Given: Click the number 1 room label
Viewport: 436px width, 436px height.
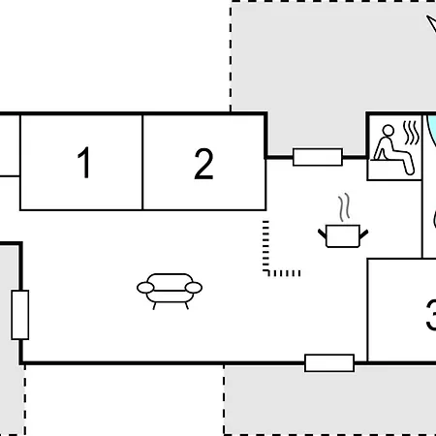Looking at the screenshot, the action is click(84, 162).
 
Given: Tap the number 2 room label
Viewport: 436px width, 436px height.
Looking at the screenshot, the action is click(203, 164).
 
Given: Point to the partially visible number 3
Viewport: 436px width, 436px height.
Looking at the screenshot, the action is click(431, 315).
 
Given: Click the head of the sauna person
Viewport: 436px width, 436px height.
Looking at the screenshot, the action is click(388, 131).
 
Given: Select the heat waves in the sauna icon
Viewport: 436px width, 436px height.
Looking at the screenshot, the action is click(412, 133).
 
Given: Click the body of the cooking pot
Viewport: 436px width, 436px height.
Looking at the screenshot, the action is click(343, 236).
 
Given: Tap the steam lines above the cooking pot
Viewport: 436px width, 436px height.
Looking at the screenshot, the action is click(344, 207).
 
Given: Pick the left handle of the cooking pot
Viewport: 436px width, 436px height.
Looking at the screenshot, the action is click(322, 234).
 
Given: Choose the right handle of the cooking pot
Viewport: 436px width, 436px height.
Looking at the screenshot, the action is click(364, 234).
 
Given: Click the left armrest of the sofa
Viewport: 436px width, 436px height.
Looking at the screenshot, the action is click(145, 287).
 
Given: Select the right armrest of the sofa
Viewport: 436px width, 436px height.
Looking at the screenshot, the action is click(194, 288).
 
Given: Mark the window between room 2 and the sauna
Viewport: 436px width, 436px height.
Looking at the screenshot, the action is click(318, 157).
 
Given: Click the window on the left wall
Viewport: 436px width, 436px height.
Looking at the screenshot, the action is click(20, 315).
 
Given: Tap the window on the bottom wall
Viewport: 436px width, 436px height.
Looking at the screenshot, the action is click(329, 363).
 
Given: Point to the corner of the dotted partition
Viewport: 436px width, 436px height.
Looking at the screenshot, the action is click(266, 273).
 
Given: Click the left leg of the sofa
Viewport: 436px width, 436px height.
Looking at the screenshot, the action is click(154, 305).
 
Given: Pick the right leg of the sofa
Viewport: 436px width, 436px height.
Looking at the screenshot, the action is click(186, 305).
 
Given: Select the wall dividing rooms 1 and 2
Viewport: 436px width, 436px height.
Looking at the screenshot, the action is click(142, 163).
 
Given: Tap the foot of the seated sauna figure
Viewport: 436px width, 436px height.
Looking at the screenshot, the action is click(410, 171).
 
